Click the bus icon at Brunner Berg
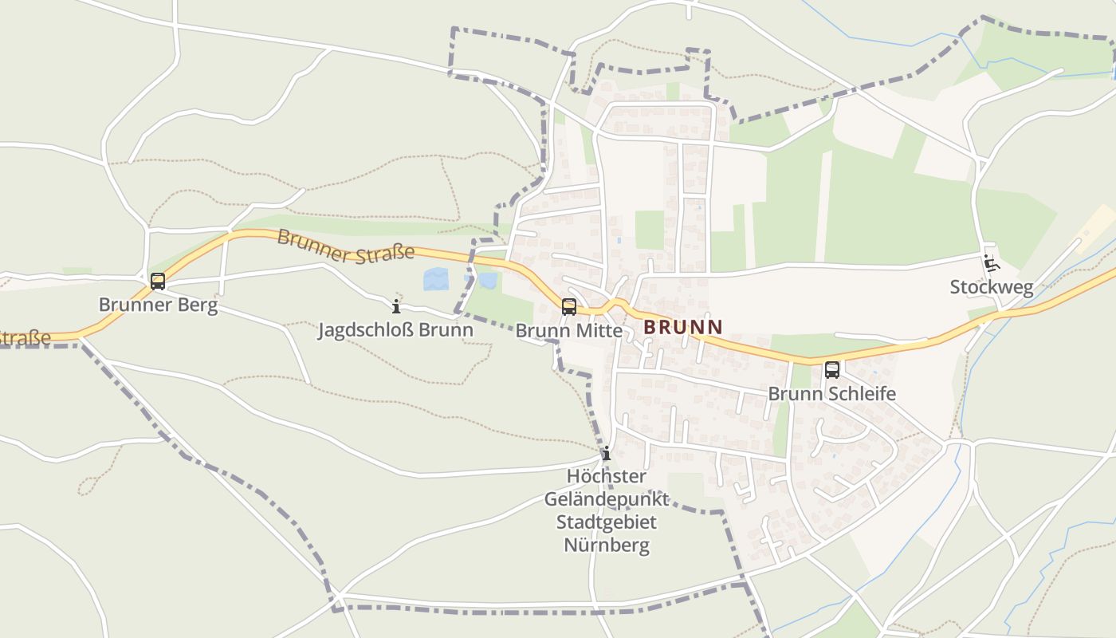pyautogui.click(x=158, y=281)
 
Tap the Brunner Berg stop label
pyautogui.click(x=158, y=305)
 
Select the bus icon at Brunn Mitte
pyautogui.click(x=569, y=306)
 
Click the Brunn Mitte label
pyautogui.click(x=568, y=330)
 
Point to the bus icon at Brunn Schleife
pyautogui.click(x=832, y=369)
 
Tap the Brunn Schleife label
pyautogui.click(x=832, y=393)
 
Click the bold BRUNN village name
pyautogui.click(x=683, y=326)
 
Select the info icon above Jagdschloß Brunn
pyautogui.click(x=396, y=306)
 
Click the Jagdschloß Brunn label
pyautogui.click(x=395, y=330)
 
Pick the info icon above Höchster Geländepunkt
pyautogui.click(x=607, y=453)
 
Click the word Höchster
pyautogui.click(x=607, y=476)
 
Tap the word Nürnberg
pyautogui.click(x=607, y=545)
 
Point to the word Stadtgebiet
pyautogui.click(x=607, y=522)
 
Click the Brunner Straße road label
pyautogui.click(x=346, y=245)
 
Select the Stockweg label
pyautogui.click(x=991, y=287)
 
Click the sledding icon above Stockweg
pyautogui.click(x=991, y=262)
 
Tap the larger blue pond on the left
pyautogui.click(x=435, y=279)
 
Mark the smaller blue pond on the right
pyautogui.click(x=488, y=280)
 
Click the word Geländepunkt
pyautogui.click(x=607, y=499)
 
